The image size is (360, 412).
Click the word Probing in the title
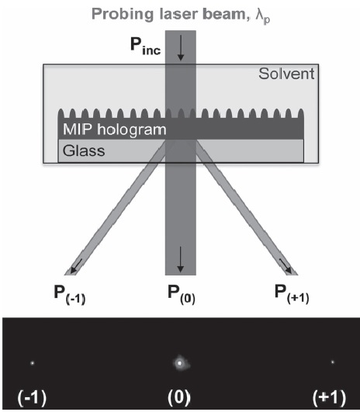122,15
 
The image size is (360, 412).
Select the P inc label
146,46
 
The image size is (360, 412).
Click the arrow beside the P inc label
181,48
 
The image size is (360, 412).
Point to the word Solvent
286,74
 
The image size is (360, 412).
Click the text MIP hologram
115,130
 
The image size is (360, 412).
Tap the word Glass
84,151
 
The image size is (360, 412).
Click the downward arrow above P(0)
180,259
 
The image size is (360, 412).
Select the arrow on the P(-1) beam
75,266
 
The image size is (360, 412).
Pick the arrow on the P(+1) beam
286,266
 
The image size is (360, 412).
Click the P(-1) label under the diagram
70,295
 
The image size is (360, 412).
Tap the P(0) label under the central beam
182,295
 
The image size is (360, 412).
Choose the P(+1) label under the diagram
292,295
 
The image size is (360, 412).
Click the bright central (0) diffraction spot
180,363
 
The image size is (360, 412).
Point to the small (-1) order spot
33,363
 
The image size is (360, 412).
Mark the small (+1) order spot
333,362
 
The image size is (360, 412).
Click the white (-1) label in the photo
32,397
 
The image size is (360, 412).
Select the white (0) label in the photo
179,397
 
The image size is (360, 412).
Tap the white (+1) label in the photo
329,397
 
